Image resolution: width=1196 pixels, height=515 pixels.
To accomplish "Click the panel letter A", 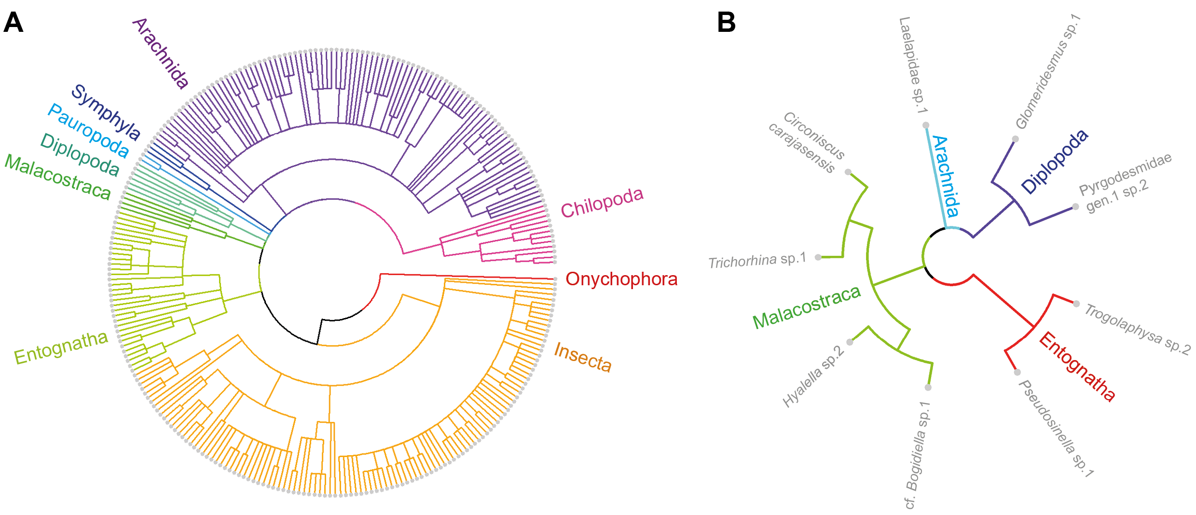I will (x=13, y=23).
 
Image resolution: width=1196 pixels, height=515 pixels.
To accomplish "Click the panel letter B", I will (x=726, y=23).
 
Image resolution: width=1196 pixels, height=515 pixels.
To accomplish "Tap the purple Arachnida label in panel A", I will (x=160, y=54).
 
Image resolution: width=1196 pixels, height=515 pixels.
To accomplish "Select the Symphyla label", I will (x=106, y=112).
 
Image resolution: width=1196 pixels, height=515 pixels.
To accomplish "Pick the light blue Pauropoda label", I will (x=88, y=131).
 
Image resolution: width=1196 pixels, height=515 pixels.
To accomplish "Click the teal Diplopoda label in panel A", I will (x=80, y=155).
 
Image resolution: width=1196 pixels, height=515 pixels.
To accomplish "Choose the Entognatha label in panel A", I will (x=61, y=348).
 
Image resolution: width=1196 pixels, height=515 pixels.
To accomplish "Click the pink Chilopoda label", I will (x=602, y=203).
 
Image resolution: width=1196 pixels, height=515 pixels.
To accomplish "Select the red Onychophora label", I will (x=621, y=279).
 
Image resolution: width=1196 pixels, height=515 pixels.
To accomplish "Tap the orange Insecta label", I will (x=583, y=357).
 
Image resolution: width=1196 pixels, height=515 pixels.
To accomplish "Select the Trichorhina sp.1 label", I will (x=757, y=261).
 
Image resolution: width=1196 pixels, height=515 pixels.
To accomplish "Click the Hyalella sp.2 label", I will (x=813, y=377).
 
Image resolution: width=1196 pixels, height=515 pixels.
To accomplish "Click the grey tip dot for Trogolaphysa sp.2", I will (x=1076, y=304).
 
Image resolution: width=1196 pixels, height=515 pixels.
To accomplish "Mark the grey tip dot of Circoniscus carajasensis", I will (x=848, y=172).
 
